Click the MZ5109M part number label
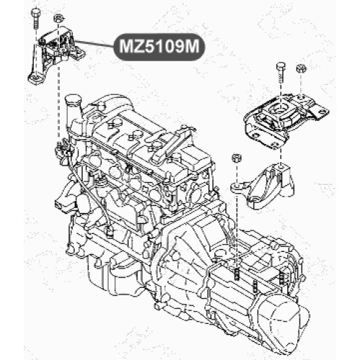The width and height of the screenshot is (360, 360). [x=159, y=47]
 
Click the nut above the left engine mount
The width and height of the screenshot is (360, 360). [x=58, y=18]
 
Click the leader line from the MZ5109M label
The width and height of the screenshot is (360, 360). [x=95, y=44]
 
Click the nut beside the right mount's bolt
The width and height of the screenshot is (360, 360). [x=301, y=68]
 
